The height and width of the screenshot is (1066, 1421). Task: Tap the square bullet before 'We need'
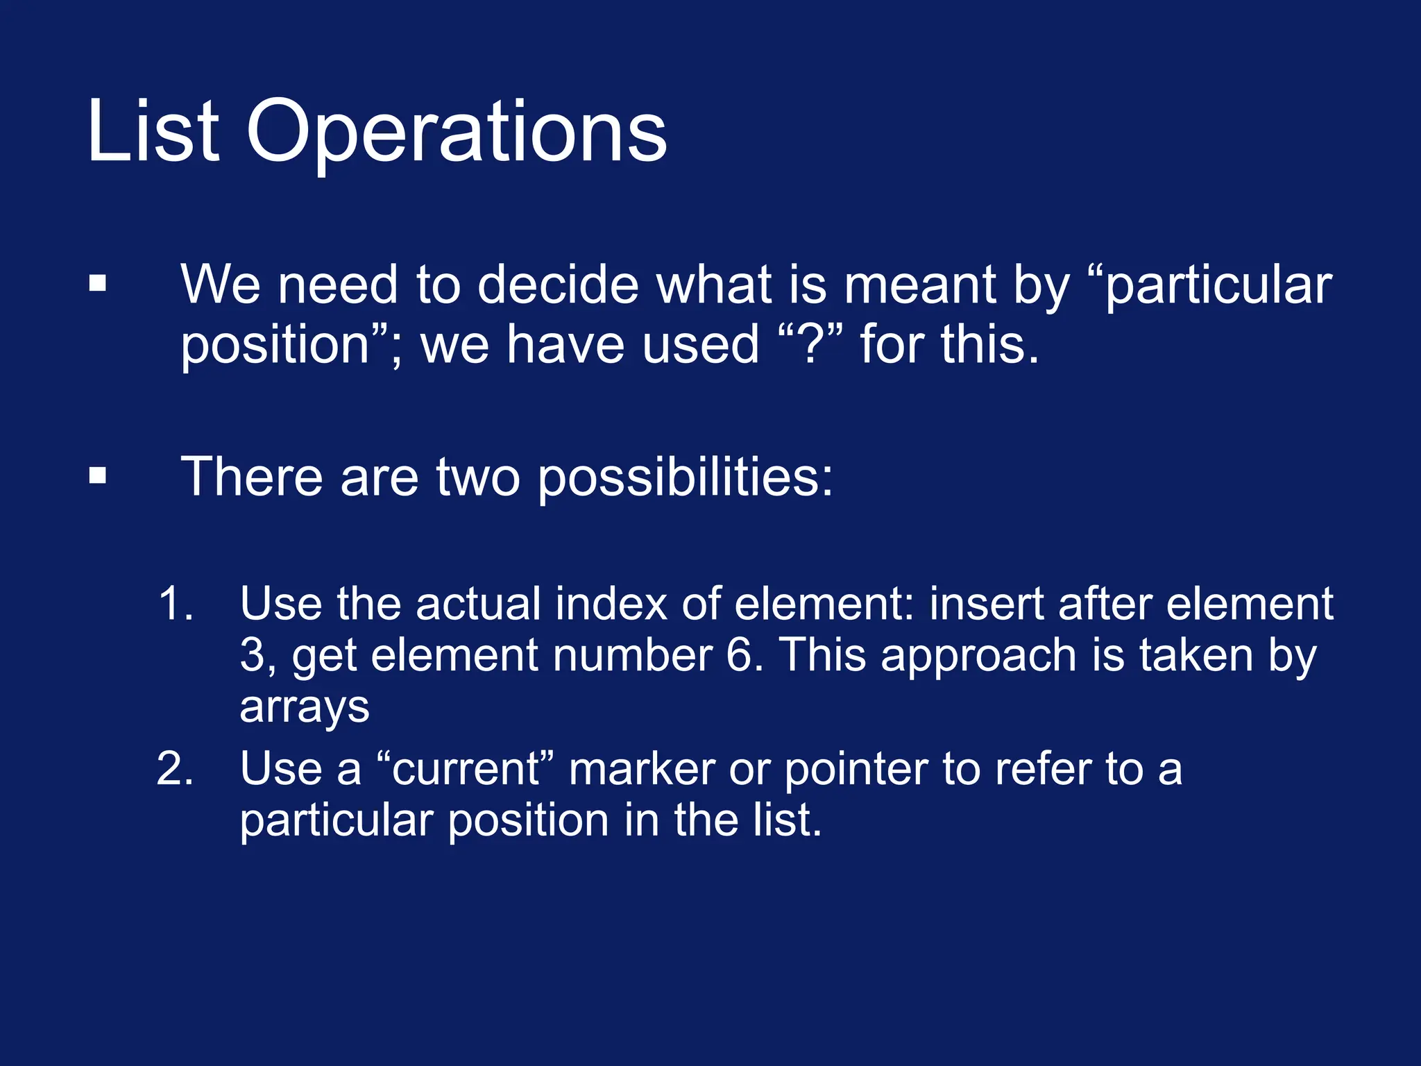(x=98, y=284)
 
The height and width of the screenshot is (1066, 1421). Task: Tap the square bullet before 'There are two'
(x=98, y=476)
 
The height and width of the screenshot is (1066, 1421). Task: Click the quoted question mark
(x=810, y=344)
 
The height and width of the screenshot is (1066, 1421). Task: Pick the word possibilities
(x=685, y=477)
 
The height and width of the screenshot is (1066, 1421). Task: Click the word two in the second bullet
(x=477, y=477)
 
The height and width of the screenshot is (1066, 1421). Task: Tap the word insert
(x=986, y=603)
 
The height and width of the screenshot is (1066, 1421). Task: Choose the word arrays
(x=304, y=708)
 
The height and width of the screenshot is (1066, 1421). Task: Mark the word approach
(x=978, y=657)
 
